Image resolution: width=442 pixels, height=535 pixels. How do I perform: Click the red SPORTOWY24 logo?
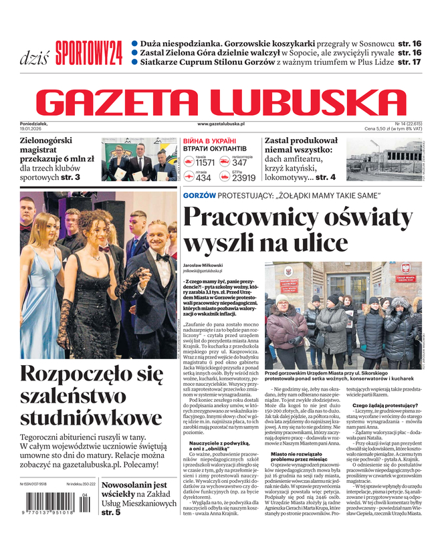click(x=89, y=53)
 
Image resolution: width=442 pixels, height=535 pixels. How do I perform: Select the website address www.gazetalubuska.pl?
click(x=221, y=124)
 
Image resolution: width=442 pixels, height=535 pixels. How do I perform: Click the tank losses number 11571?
click(x=205, y=163)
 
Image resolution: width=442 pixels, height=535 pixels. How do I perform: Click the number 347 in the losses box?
click(x=240, y=163)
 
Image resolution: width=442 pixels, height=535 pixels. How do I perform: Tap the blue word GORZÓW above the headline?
click(x=199, y=195)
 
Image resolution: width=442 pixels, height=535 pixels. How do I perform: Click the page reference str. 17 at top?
click(x=409, y=62)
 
